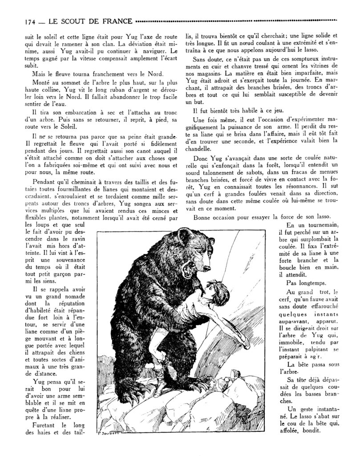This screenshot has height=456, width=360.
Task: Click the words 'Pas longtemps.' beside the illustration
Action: [307, 283]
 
